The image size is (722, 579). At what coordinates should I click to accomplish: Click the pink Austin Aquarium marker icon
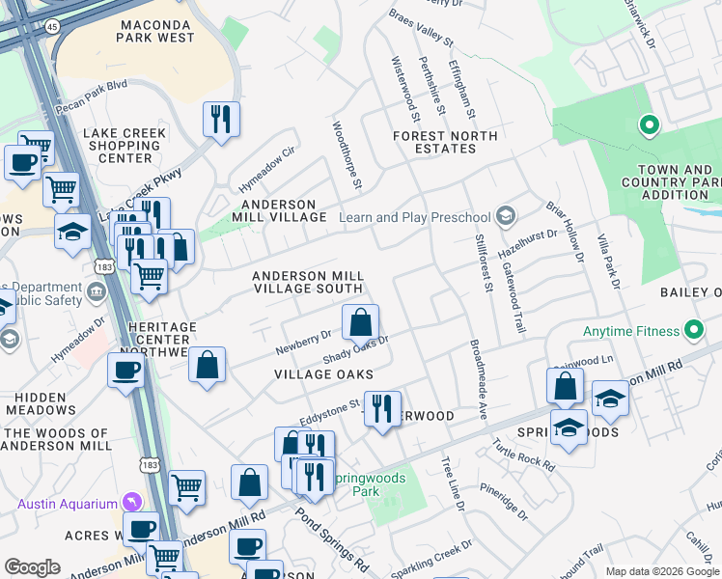[x=132, y=503]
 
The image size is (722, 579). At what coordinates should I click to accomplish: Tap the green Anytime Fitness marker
[x=694, y=331]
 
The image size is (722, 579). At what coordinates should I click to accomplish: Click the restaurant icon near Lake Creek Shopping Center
[x=221, y=120]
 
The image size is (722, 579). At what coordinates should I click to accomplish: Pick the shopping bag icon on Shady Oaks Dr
[x=360, y=321]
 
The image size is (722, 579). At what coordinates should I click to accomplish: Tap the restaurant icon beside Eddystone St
[x=383, y=408]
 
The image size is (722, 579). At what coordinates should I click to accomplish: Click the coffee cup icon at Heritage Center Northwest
[x=125, y=371]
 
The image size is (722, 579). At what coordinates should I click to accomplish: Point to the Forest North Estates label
[x=445, y=142]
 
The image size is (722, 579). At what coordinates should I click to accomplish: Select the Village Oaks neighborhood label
[x=323, y=373]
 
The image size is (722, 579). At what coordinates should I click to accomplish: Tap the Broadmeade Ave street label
[x=477, y=379]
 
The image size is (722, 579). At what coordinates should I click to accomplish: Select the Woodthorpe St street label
[x=347, y=154]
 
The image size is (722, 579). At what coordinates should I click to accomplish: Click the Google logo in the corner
[x=33, y=567]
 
